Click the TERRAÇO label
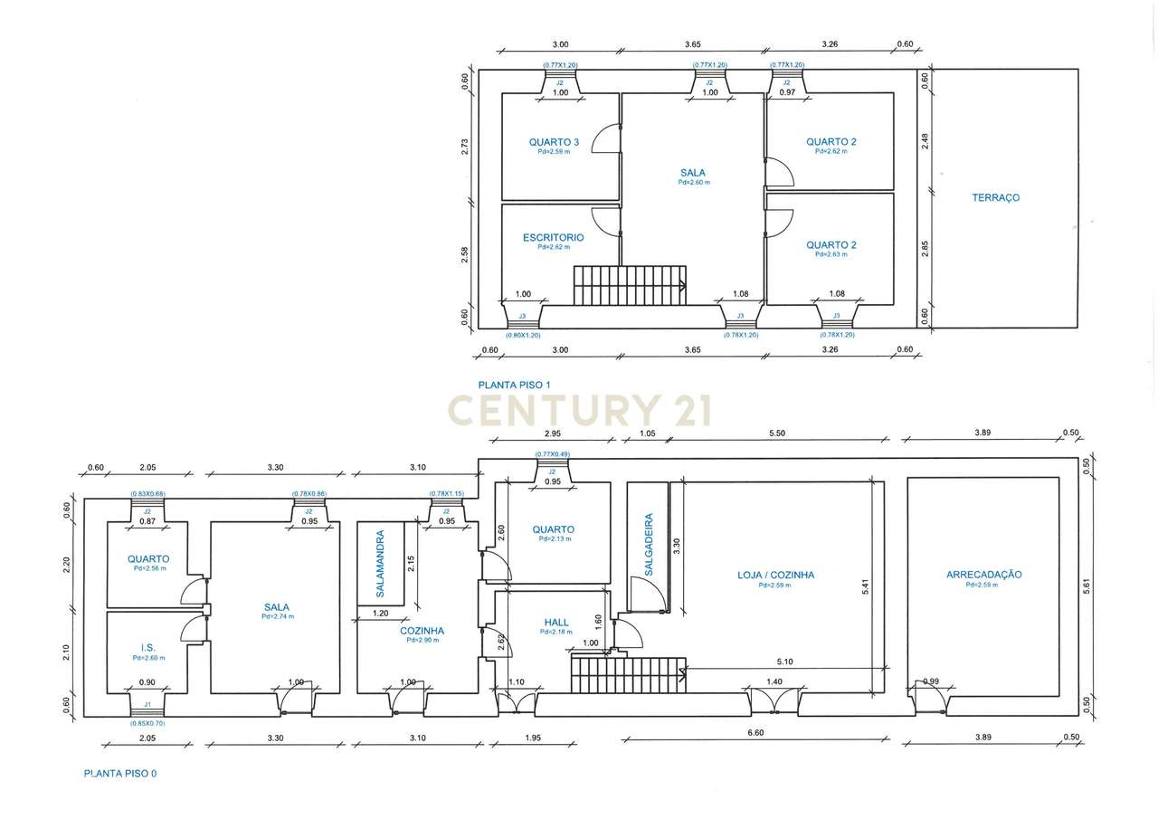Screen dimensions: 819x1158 click(995, 197)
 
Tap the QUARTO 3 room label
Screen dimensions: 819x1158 click(554, 142)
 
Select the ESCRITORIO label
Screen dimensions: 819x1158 click(553, 237)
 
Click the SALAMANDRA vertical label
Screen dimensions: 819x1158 click(380, 564)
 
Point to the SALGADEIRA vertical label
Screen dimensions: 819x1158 click(649, 545)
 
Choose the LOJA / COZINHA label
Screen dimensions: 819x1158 click(775, 575)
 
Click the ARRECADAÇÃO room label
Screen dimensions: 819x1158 click(983, 575)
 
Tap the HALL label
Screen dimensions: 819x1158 click(556, 623)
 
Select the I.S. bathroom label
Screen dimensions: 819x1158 click(148, 648)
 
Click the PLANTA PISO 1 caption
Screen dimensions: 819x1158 click(515, 385)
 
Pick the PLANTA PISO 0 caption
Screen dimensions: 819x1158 click(120, 774)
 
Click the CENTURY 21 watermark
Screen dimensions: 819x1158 click(580, 410)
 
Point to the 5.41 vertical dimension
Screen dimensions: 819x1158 click(866, 586)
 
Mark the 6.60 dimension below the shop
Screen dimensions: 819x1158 click(756, 733)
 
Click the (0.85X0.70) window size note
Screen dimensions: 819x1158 click(147, 724)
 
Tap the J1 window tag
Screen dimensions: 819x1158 click(147, 703)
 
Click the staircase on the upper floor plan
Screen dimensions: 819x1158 click(630, 285)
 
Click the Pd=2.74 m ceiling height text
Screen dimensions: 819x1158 click(277, 616)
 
